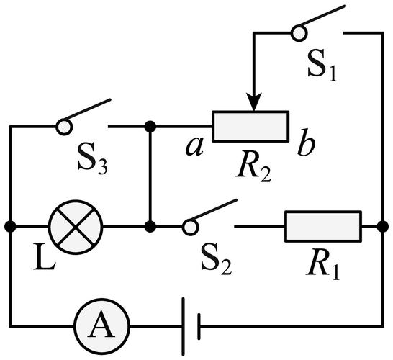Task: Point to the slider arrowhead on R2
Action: click(254, 102)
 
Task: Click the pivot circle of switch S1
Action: click(299, 33)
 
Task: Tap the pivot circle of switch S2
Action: click(190, 227)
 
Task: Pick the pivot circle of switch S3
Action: click(64, 127)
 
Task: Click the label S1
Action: click(322, 66)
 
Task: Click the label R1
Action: click(322, 265)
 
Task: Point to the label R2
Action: click(253, 168)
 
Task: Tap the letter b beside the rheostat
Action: click(306, 142)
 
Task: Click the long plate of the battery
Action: click(184, 326)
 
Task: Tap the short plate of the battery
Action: click(199, 326)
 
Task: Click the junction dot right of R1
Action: click(383, 227)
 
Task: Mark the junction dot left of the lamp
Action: click(10, 227)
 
